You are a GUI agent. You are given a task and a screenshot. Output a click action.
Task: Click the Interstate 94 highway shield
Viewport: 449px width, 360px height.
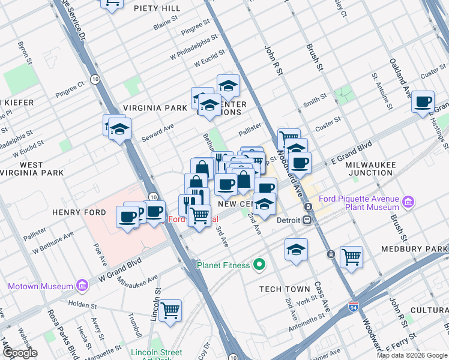click(x=355, y=307)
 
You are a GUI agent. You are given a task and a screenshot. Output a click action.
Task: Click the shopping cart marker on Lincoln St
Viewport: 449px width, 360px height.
click(x=171, y=310)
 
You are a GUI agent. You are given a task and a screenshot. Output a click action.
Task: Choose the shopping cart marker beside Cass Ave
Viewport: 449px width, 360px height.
click(x=351, y=256)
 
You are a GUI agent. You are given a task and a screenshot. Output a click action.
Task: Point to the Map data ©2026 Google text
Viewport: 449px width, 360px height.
click(x=412, y=355)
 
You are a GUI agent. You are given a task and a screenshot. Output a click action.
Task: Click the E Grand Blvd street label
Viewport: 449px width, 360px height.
click(x=351, y=152)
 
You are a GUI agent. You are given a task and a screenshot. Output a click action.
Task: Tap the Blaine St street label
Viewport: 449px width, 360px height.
click(x=166, y=23)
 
